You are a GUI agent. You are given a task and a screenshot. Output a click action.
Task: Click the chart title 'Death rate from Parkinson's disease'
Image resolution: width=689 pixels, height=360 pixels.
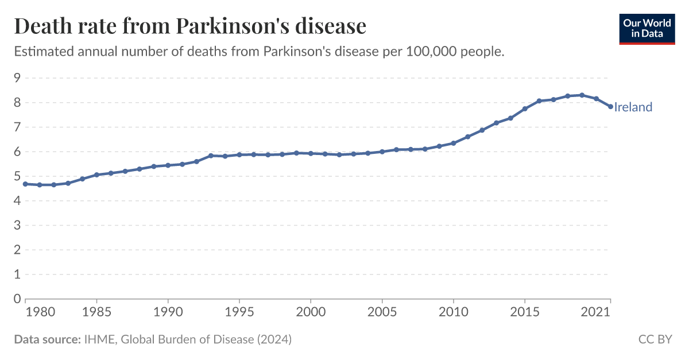[189, 26]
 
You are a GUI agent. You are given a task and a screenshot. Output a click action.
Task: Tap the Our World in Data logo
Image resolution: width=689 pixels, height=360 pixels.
[647, 28]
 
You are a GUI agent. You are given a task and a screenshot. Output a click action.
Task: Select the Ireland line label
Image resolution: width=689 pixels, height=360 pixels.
[633, 107]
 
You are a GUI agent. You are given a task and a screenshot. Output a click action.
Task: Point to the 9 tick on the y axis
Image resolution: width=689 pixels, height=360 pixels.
[17, 78]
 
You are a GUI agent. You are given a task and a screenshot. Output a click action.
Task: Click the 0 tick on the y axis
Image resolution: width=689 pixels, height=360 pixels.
[17, 299]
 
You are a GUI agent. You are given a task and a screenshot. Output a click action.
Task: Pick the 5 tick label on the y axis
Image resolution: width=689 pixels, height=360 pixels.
[17, 176]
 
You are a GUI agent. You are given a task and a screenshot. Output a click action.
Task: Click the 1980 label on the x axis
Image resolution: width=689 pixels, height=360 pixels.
[25, 312]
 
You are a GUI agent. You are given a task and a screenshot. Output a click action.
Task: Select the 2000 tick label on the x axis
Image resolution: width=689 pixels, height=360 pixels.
[311, 312]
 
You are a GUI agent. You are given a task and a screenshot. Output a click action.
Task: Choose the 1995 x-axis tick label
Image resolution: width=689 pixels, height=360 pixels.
[239, 312]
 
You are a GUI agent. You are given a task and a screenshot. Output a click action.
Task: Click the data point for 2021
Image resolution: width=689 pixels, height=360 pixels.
[610, 106]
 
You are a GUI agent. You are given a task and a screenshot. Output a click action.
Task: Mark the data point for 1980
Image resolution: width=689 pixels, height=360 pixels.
[25, 184]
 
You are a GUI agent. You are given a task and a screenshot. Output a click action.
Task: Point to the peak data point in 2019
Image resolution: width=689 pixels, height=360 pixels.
[582, 95]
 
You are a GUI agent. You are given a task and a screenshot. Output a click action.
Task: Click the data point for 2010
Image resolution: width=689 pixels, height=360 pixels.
[454, 143]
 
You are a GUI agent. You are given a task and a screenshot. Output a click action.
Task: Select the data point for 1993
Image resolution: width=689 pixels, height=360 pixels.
[211, 156]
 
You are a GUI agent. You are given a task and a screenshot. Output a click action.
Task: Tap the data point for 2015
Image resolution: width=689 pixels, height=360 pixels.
[525, 109]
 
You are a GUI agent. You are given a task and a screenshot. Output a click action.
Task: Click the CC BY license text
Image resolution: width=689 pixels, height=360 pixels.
[655, 339]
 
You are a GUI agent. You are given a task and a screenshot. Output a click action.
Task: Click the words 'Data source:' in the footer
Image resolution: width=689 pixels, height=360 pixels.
[47, 339]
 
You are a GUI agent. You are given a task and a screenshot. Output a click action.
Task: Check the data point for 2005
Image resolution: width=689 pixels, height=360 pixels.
[382, 152]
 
